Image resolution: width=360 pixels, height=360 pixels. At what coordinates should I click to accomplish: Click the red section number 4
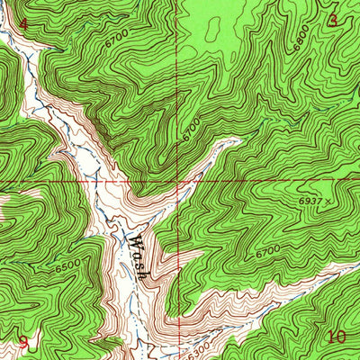coord(23,22)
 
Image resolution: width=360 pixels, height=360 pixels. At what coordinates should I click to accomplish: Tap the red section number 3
coord(333,20)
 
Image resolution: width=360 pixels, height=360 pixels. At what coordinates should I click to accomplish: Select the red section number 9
coord(23,342)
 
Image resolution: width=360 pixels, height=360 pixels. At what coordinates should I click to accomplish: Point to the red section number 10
coord(337,337)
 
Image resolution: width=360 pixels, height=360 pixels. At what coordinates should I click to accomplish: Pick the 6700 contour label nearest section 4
coord(115,41)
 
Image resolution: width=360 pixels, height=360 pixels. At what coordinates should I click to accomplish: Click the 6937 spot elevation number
coord(316,202)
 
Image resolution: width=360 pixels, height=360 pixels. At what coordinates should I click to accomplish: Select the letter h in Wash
coord(142,272)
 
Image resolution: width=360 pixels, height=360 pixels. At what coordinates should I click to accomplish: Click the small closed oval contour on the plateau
coord(214,29)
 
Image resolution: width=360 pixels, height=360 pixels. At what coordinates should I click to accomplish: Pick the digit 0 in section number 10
coord(342,337)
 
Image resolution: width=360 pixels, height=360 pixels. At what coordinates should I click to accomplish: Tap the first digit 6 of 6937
coord(306,202)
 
